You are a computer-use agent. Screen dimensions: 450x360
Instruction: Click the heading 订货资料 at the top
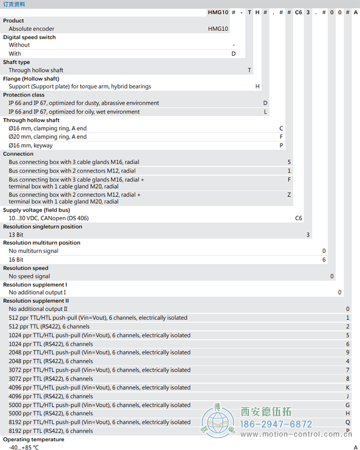[x=14, y=4]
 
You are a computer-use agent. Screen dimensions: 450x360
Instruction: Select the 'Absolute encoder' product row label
[x=31, y=29]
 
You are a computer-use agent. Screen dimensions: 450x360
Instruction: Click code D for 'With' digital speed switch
[x=233, y=53]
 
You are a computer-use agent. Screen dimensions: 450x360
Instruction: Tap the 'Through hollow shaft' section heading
[x=31, y=120]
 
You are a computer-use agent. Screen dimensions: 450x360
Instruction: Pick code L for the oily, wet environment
[x=265, y=112]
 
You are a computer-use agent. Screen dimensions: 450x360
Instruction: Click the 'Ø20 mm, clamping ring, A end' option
[x=48, y=137]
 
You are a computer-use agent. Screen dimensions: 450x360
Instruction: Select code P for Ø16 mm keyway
[x=281, y=146]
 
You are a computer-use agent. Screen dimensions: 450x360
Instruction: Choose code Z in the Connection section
[x=289, y=195]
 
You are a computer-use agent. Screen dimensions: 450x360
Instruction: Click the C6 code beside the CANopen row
[x=298, y=218]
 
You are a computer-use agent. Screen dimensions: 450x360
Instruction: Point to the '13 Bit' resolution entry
[x=16, y=235]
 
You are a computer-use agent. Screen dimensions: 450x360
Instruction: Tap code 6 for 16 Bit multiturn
[x=324, y=260]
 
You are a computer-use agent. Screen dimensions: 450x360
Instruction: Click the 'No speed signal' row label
[x=29, y=276]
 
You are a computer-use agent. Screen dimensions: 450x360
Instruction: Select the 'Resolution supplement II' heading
[x=36, y=301]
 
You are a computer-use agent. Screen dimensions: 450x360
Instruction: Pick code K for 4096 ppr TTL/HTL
[x=348, y=387]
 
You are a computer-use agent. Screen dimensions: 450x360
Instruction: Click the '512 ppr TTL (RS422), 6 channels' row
[x=49, y=327]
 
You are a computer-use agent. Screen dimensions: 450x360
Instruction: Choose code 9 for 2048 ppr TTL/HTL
[x=348, y=353]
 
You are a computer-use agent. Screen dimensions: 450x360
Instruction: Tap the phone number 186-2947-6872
[x=277, y=424]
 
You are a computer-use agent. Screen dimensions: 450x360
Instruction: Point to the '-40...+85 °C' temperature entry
[x=24, y=447]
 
